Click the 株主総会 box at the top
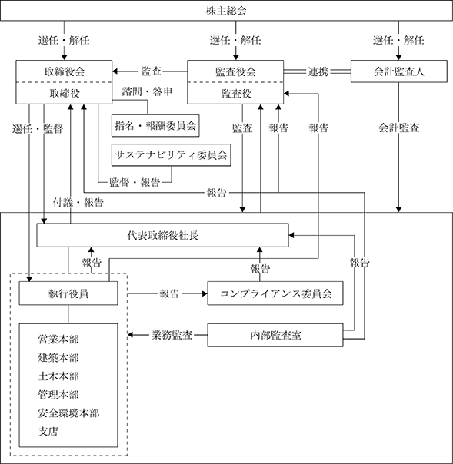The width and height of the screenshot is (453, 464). [226, 11]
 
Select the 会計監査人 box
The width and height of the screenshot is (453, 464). [399, 71]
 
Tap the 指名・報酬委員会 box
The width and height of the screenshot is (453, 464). [155, 126]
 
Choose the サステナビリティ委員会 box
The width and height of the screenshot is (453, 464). [171, 155]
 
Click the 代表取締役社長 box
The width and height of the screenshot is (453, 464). [162, 235]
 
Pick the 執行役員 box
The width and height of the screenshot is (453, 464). [68, 293]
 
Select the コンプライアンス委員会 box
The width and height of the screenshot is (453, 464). [275, 293]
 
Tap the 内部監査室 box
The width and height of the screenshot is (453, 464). [275, 335]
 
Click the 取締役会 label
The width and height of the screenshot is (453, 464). [65, 71]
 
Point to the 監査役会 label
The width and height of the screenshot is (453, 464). [235, 71]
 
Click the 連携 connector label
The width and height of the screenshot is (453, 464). [318, 71]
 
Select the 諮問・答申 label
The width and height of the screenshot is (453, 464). [147, 91]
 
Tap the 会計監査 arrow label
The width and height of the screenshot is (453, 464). [399, 128]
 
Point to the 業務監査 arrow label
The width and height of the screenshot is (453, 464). [172, 335]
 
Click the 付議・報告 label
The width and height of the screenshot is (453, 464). [78, 202]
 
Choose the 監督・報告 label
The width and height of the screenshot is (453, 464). [135, 182]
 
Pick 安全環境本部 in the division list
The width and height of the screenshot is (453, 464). [68, 413]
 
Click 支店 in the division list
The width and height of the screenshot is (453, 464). [48, 432]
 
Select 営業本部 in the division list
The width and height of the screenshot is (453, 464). [58, 339]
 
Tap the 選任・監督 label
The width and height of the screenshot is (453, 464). [38, 129]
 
